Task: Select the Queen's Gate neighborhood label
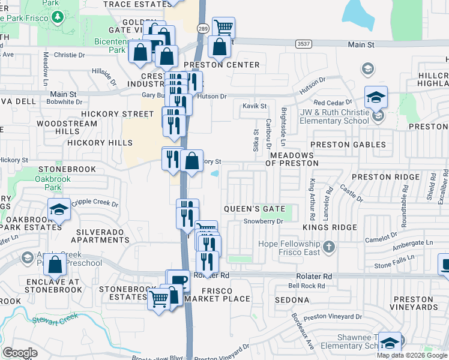(x=254, y=209)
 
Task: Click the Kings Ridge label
(x=325, y=228)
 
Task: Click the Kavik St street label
(x=254, y=106)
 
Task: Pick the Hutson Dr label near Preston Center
(x=212, y=96)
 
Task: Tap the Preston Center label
(x=221, y=65)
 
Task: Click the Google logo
(x=20, y=353)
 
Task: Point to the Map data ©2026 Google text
(x=412, y=355)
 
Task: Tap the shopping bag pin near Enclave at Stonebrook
(x=55, y=265)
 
